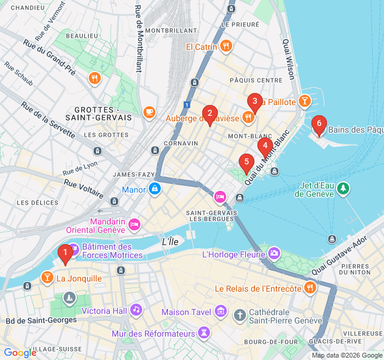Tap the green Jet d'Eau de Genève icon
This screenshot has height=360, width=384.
pos(343,189)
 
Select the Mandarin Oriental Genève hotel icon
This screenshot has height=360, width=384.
pos(134,224)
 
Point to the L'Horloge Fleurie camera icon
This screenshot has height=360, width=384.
pos(274,254)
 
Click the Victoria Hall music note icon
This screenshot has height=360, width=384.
pos(136,310)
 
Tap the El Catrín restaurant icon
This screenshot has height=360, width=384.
pos(226,46)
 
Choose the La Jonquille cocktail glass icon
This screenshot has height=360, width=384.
pos(46,278)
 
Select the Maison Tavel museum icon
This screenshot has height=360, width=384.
pos(220,312)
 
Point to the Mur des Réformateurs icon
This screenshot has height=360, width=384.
pos(205,332)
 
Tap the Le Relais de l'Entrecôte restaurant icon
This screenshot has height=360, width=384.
pos(310,288)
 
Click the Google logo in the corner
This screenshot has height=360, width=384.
pos(20,353)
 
